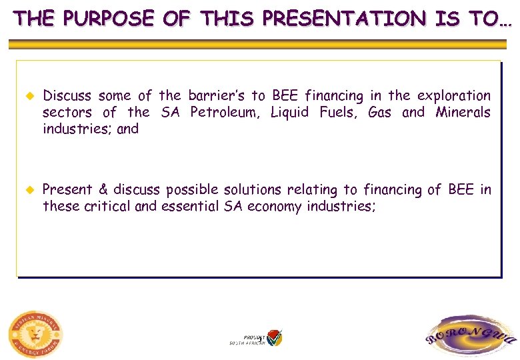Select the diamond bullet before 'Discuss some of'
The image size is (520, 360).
[28, 96]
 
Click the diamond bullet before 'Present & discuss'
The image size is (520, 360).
[28, 190]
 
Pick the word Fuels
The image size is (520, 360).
[338, 112]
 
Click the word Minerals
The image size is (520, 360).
[463, 112]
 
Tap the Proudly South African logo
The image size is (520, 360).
[257, 338]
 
